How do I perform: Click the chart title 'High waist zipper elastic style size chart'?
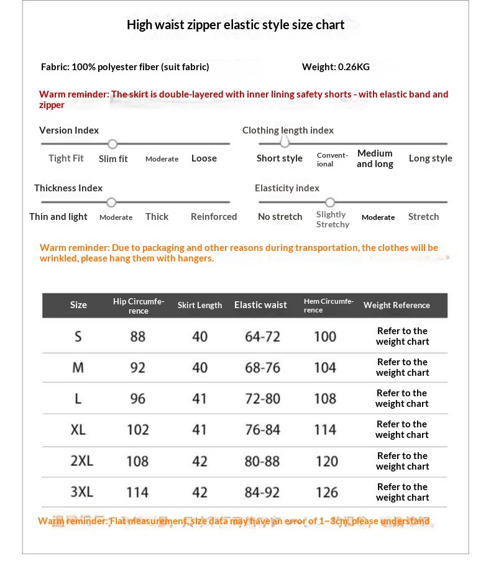click(x=236, y=25)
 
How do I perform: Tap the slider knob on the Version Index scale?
click(x=112, y=144)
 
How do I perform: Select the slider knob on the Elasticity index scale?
click(x=330, y=203)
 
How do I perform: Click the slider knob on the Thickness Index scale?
click(x=111, y=203)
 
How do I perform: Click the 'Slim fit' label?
click(x=113, y=159)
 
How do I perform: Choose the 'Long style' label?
click(x=430, y=158)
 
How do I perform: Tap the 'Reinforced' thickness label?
click(x=214, y=217)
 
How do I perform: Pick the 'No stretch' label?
click(x=280, y=217)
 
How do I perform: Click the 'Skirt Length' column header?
click(x=200, y=305)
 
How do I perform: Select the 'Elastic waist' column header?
click(x=260, y=305)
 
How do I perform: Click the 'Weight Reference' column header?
click(x=397, y=305)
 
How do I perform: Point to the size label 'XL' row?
click(x=78, y=430)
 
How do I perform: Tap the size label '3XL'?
click(x=81, y=492)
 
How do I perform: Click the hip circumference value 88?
click(x=138, y=337)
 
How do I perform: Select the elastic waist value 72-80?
click(x=262, y=399)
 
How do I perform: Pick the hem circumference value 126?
click(x=326, y=493)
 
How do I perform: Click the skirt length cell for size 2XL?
click(x=200, y=462)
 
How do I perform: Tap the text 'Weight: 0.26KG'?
click(x=336, y=67)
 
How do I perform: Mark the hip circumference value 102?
click(x=138, y=430)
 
